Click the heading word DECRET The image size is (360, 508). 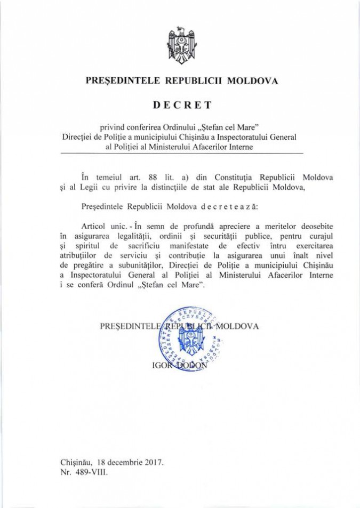(180, 105)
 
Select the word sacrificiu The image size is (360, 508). (138, 245)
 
